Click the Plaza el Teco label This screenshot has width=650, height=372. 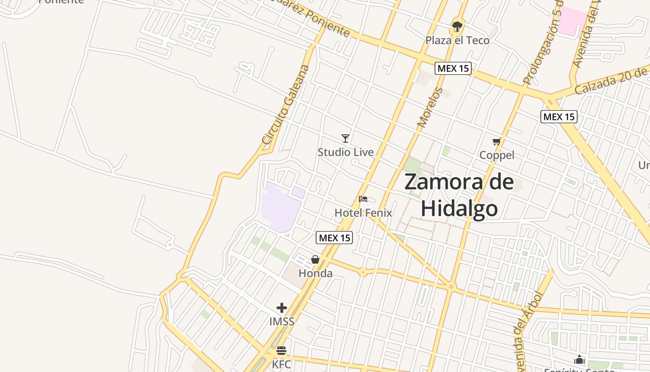click(457, 40)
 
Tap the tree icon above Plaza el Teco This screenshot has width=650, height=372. click(457, 26)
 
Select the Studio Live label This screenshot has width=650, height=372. click(345, 152)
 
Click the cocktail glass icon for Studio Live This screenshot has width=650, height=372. click(345, 138)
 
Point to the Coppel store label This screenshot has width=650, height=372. click(497, 155)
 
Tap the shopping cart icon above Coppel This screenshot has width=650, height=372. click(497, 141)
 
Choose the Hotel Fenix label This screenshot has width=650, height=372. click(363, 213)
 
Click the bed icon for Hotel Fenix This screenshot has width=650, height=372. click(363, 199)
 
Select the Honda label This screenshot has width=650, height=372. click(315, 273)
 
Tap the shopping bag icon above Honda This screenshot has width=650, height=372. click(315, 259)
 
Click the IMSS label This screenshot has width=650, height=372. click(282, 321)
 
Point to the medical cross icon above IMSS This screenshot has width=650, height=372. click(282, 308)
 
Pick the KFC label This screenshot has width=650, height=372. click(281, 364)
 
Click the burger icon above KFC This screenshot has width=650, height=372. click(281, 351)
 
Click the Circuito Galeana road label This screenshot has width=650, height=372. click(285, 105)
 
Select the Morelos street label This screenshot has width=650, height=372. click(430, 107)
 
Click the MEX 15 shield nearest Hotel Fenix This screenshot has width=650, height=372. click(334, 238)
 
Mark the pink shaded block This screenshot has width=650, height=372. click(572, 20)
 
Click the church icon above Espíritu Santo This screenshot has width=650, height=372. click(579, 359)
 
